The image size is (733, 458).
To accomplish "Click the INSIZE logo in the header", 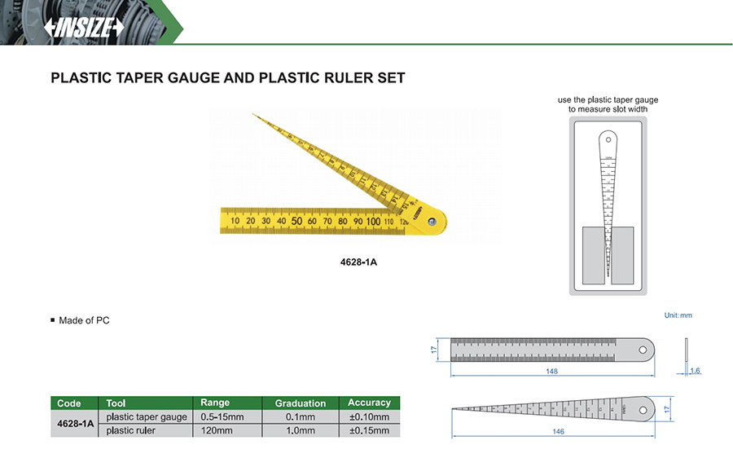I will click(85, 28).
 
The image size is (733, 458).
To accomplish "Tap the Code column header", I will click(69, 403).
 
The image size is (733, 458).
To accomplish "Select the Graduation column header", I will click(300, 403).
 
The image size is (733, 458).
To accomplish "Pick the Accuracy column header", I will click(369, 403).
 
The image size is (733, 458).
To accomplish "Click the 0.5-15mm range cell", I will click(226, 416).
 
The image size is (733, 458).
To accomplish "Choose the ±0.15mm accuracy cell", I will click(369, 430).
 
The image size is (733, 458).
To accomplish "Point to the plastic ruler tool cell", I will click(131, 430).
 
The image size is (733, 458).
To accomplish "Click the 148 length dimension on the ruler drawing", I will click(552, 372).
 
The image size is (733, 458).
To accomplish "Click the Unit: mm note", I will click(678, 315).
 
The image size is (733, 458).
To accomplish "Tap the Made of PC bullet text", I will click(84, 320).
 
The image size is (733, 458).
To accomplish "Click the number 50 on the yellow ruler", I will click(296, 221).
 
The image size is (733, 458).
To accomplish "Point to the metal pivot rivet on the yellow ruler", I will click(432, 220).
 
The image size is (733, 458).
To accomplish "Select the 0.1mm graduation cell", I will click(300, 416).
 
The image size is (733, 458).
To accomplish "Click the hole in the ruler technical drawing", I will click(643, 350).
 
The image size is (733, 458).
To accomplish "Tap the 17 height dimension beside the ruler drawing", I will click(435, 349).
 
